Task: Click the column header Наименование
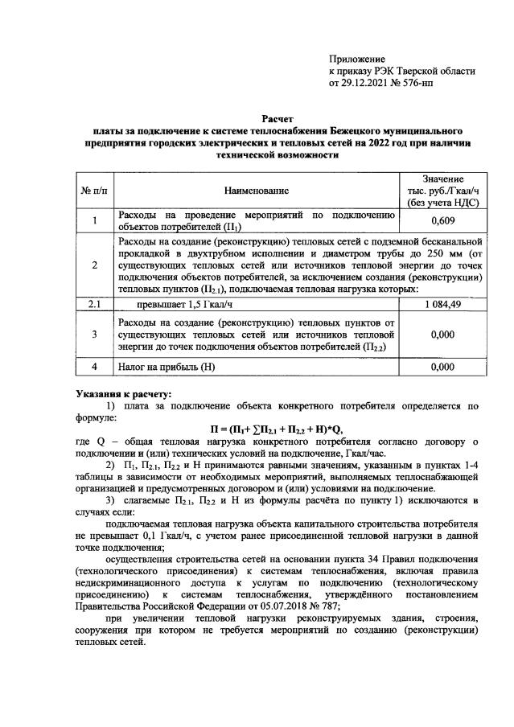(257, 190)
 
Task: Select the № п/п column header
(95, 190)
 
